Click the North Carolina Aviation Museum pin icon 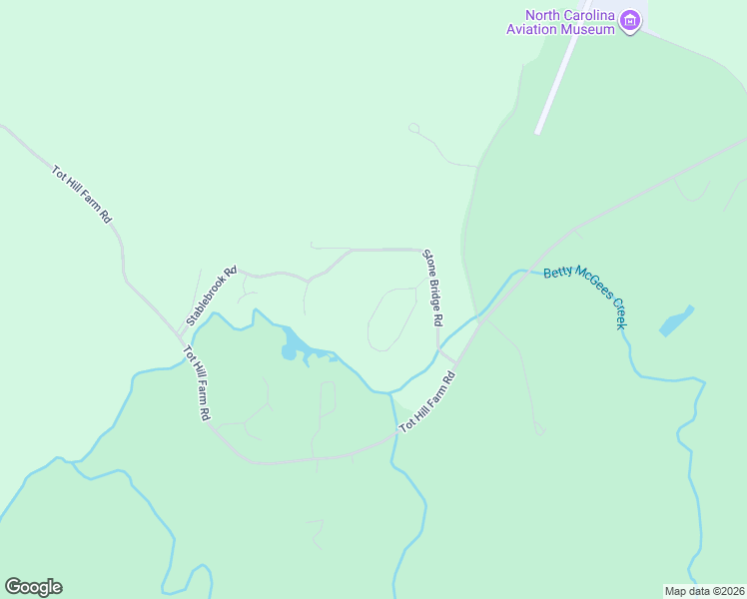630,20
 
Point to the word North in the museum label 545,15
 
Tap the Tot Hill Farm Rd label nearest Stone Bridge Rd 427,401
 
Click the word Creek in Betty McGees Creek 618,312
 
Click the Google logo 33,587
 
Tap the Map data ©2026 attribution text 703,590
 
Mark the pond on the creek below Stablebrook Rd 290,349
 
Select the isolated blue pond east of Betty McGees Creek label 676,321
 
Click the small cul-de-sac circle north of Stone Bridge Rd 413,128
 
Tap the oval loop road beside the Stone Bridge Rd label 391,319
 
